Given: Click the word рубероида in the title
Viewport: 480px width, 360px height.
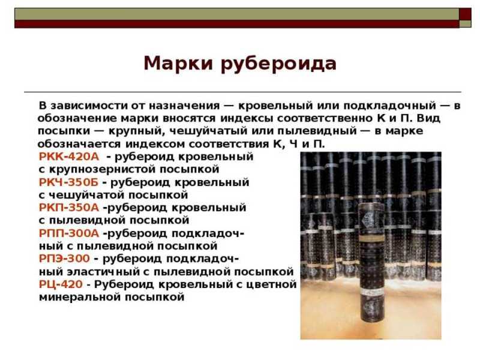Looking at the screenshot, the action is (278, 64).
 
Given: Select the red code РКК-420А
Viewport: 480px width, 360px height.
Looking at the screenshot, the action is (69, 157).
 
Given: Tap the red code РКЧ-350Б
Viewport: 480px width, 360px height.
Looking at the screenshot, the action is (68, 182).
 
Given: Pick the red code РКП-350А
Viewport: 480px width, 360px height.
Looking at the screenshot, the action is (69, 208).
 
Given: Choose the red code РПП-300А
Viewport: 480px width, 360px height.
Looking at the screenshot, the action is (69, 233).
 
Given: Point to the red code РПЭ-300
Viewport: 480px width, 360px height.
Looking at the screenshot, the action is (64, 259).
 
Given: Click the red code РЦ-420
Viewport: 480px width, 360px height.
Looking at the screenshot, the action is (61, 284).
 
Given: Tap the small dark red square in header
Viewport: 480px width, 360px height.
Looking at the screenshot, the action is (465, 14).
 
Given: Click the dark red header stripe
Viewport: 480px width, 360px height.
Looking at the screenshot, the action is (236, 24).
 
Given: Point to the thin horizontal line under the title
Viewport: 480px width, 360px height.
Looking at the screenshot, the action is (242, 92).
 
